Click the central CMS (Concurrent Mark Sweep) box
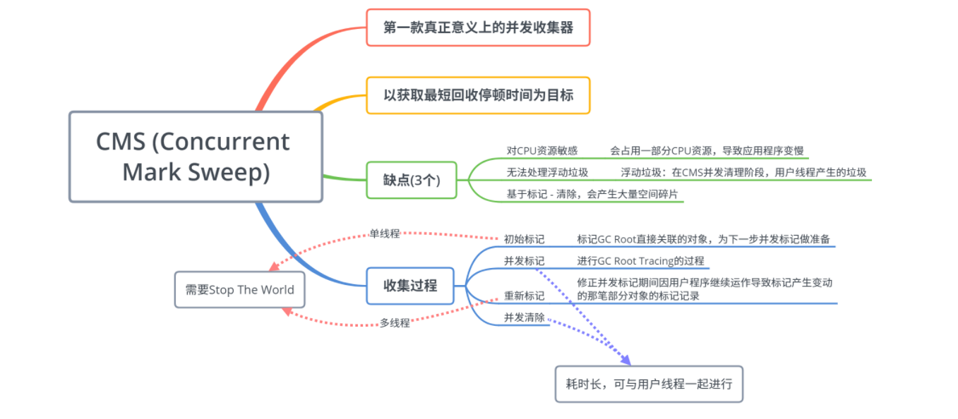tap(196, 157)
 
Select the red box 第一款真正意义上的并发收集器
tap(478, 28)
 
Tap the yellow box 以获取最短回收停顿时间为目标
tap(478, 95)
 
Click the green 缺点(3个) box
tap(411, 180)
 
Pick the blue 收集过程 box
tap(410, 286)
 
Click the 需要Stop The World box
tap(239, 290)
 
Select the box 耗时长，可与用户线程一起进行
tap(649, 384)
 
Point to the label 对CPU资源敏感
tap(542, 150)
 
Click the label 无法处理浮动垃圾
tap(547, 172)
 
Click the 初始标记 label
tap(524, 239)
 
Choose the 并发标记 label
tap(524, 261)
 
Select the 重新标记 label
tap(524, 296)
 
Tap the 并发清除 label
tap(524, 317)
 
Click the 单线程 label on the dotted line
tap(385, 233)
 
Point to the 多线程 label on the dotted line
tap(395, 323)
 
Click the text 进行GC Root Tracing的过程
tap(640, 261)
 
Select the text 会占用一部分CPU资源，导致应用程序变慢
tap(707, 150)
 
